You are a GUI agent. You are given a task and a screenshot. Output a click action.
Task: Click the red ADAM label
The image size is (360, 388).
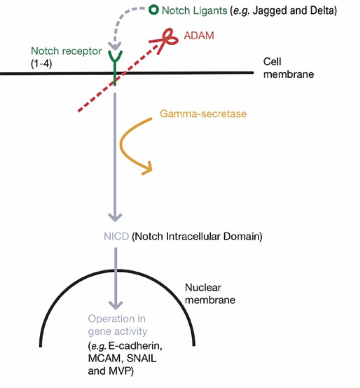(x=199, y=36)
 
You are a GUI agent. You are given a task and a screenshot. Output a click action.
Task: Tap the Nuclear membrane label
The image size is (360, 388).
(x=210, y=294)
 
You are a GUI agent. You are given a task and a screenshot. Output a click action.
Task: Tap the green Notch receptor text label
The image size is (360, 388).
(x=66, y=51)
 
